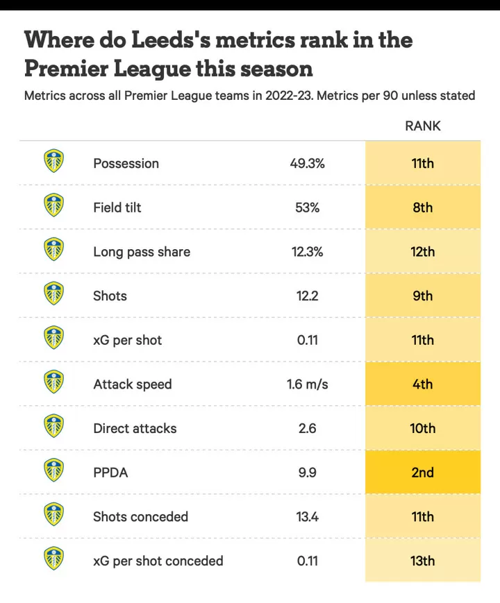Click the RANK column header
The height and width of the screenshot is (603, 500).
422,126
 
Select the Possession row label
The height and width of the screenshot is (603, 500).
126,164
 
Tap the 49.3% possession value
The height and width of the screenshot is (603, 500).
307,164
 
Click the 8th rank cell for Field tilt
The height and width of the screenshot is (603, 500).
422,207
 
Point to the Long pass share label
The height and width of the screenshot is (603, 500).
142,252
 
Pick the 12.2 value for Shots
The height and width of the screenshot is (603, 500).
307,296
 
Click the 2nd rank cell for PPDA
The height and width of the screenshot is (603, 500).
422,473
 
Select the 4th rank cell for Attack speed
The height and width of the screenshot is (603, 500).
422,384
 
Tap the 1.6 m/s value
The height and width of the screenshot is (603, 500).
307,384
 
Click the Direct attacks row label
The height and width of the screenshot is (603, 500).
135,429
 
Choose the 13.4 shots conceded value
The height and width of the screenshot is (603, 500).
307,517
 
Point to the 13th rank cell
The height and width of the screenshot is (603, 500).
422,561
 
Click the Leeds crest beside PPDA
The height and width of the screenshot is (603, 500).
53,471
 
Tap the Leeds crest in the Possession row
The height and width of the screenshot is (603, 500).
53,162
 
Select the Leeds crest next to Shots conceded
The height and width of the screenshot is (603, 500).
53,516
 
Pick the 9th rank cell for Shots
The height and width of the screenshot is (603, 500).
422,296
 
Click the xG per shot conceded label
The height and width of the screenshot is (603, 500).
158,561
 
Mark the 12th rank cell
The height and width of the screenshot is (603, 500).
422,252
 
